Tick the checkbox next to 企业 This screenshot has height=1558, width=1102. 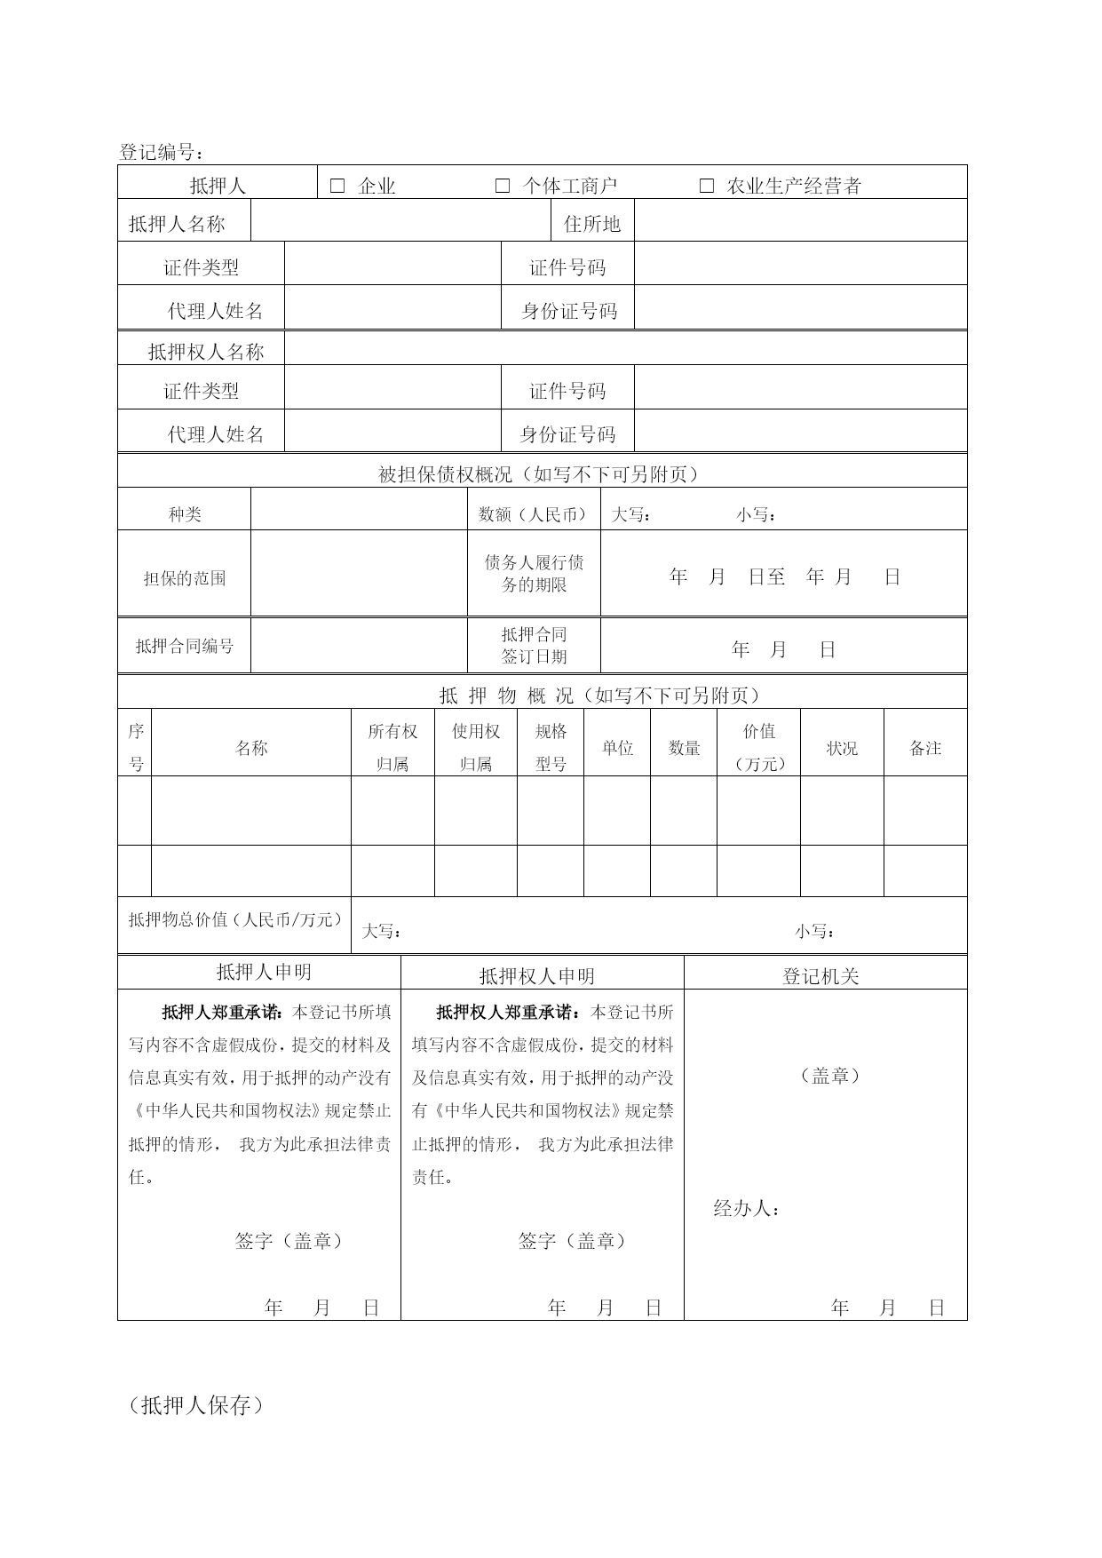point(337,186)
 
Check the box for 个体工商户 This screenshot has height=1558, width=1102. point(503,186)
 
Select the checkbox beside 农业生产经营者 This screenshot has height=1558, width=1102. point(707,186)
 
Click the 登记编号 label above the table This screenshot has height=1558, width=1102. point(161,152)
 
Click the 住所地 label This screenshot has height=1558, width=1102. point(592,224)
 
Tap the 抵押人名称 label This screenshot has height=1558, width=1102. point(177,224)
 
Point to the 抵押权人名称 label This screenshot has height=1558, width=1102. point(206,352)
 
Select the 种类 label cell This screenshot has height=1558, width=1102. point(185,514)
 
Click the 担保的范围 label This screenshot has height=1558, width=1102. point(185,578)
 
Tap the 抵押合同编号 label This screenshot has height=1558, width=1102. point(185,647)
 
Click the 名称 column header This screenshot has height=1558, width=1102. point(251,748)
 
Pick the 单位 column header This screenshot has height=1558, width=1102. point(617,748)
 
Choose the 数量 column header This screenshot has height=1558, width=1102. point(684,748)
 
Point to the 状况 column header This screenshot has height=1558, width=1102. point(842,748)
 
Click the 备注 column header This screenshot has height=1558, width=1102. point(925,748)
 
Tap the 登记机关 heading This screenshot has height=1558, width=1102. point(821,976)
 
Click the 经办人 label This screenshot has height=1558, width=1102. point(747,1208)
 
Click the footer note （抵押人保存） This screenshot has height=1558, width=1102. point(196,1405)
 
